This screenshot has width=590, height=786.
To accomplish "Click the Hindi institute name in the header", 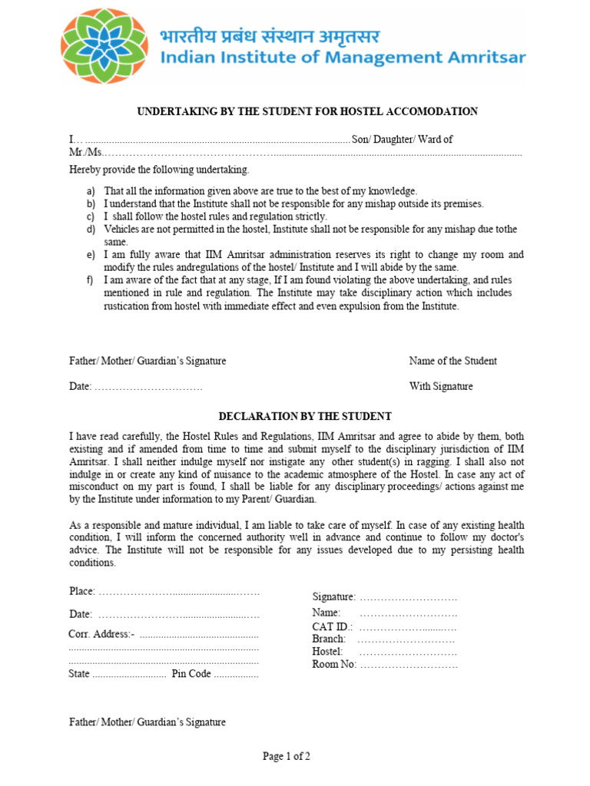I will point(269,36).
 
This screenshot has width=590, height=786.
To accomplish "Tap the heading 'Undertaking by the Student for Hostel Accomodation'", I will point(307,112).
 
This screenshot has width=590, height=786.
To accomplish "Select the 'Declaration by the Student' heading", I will point(305,417).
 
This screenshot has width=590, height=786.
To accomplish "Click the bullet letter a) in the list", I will point(91,191).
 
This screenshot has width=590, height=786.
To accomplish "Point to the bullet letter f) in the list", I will point(91,280).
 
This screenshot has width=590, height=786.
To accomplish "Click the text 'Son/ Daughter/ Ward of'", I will point(402,140).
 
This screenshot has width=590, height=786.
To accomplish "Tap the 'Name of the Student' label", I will point(452,361).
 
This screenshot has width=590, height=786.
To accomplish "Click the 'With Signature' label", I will point(441,387).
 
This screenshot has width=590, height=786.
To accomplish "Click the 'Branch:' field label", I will point(329,639).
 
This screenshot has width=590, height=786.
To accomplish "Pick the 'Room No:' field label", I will point(334,665).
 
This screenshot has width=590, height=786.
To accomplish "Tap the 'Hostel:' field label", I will point(327,652).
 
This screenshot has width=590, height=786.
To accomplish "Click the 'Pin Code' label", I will point(191,674).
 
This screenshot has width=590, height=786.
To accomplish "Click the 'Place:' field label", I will point(82,592).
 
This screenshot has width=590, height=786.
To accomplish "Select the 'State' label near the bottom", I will point(79,674).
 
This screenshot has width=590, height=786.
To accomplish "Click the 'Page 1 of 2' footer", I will point(287,757).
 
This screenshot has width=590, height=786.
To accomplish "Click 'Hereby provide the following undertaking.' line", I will point(159,170).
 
